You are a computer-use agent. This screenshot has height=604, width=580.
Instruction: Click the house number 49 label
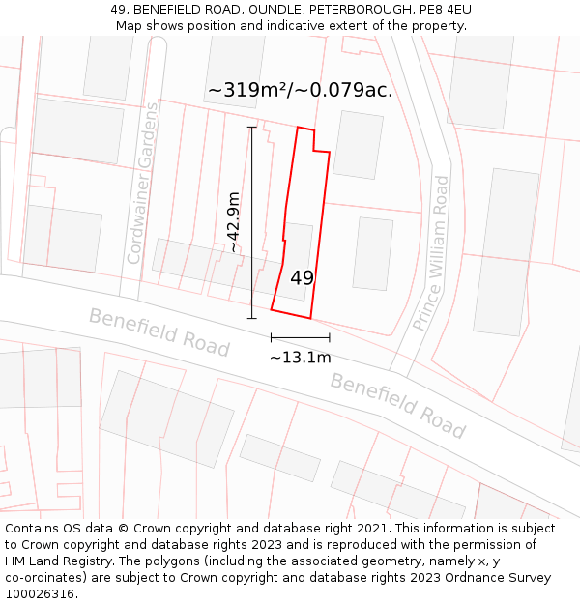[302, 277]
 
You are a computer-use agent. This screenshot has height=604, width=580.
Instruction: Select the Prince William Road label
[431, 253]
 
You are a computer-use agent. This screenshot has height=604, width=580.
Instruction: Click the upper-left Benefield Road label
[159, 331]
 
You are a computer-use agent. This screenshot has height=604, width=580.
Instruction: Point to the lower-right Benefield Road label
[398, 405]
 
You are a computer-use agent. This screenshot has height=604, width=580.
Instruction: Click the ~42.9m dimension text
[233, 222]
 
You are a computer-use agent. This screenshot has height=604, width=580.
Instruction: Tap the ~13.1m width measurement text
[301, 358]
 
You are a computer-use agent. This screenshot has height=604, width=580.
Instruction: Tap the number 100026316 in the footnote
[41, 593]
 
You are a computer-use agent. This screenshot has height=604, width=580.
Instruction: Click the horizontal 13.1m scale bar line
[301, 337]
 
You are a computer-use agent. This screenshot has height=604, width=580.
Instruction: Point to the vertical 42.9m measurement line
[252, 222]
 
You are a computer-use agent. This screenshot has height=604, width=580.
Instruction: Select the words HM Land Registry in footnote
[53, 561]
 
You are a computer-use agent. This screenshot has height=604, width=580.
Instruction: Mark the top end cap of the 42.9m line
[252, 127]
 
